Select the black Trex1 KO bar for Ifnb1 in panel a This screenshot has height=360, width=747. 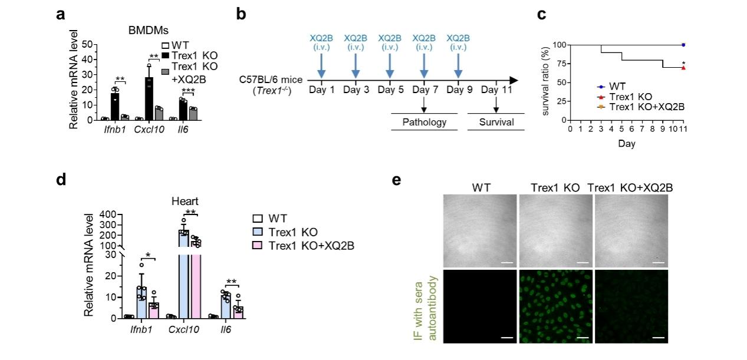(x=115, y=107)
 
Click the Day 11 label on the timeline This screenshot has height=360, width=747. (x=495, y=90)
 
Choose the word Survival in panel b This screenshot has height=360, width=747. (x=496, y=123)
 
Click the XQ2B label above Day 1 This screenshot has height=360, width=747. (x=321, y=38)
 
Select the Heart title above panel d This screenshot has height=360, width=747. (x=181, y=202)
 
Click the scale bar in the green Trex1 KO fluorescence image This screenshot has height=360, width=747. (x=583, y=338)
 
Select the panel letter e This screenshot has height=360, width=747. (x=397, y=179)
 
